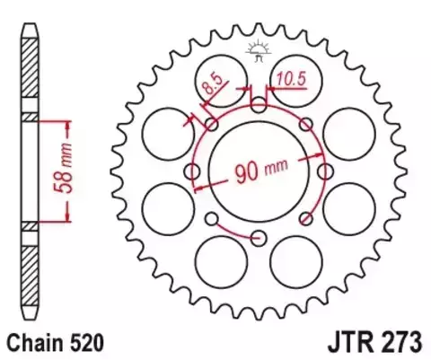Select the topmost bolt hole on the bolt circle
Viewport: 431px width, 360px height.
tap(259, 105)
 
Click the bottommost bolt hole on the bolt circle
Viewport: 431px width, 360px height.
tap(259, 237)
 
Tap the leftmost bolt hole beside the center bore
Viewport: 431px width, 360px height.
tap(192, 171)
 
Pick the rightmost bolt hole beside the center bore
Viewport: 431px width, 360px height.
tap(324, 171)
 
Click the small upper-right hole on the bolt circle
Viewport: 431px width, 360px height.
tap(305, 124)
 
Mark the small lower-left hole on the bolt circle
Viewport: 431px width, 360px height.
tap(212, 218)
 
